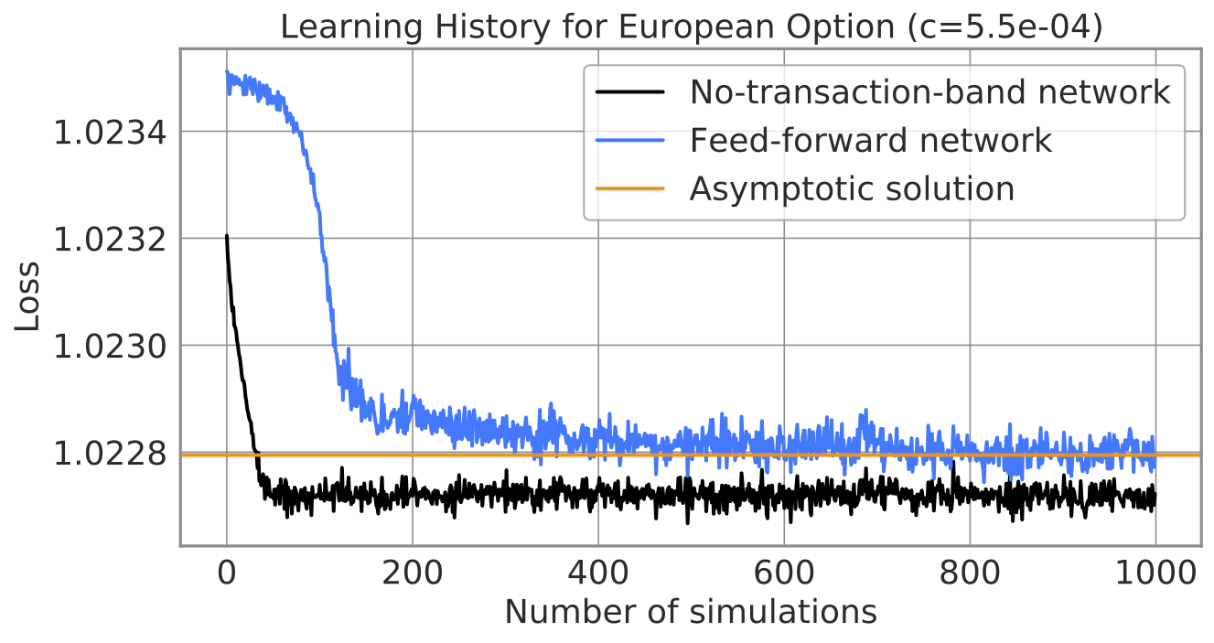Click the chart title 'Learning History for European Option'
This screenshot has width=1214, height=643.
click(x=587, y=27)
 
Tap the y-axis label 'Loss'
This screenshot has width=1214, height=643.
click(x=27, y=296)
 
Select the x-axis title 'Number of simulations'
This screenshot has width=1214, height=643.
click(x=691, y=612)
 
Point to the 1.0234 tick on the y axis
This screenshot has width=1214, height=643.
click(x=110, y=133)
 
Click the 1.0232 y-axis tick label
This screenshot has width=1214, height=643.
click(x=110, y=240)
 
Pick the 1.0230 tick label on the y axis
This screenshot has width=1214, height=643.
click(x=110, y=347)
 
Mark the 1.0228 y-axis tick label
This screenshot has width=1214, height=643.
click(x=110, y=454)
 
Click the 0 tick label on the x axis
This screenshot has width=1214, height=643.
click(x=227, y=573)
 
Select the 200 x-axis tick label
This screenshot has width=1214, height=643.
click(x=413, y=573)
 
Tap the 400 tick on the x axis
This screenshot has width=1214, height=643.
click(x=598, y=573)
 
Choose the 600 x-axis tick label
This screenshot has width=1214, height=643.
click(x=784, y=573)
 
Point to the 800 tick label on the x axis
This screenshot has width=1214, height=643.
click(x=970, y=573)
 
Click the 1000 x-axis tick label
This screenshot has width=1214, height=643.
click(x=1155, y=573)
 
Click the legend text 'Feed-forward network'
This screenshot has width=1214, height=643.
click(x=870, y=140)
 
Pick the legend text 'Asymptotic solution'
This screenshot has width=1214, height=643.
click(x=852, y=188)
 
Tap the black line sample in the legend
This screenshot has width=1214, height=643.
click(x=629, y=92)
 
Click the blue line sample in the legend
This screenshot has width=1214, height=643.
click(x=629, y=140)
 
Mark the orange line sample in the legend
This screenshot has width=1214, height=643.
click(x=629, y=188)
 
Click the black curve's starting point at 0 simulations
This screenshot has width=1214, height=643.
click(x=227, y=236)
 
